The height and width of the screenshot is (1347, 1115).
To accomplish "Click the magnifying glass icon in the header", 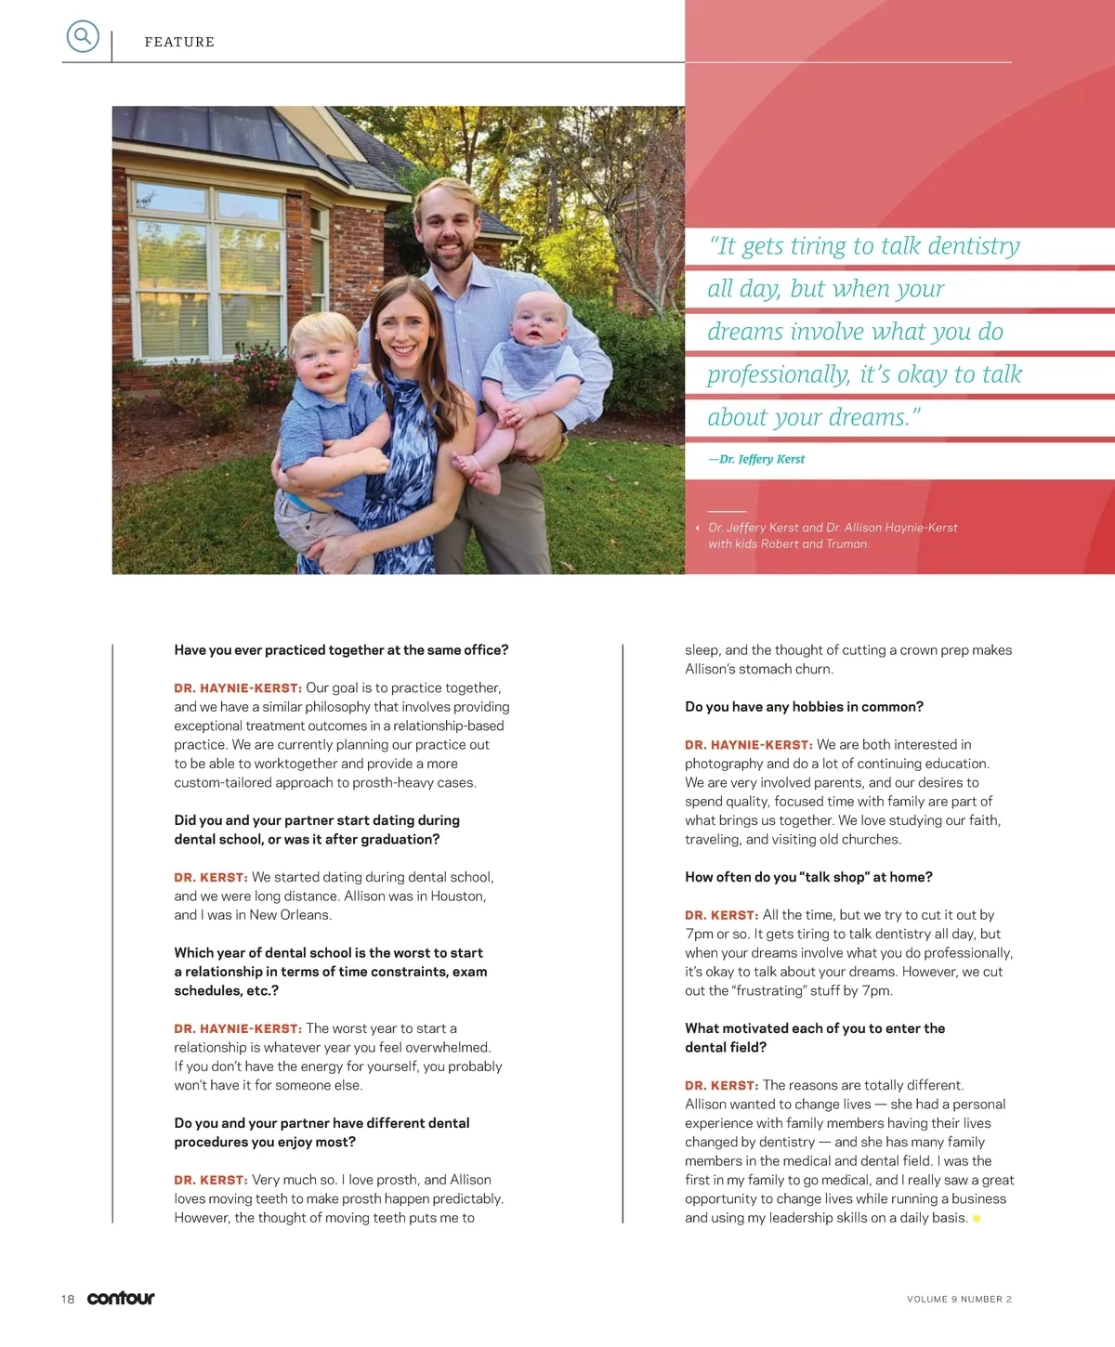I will pyautogui.click(x=83, y=37).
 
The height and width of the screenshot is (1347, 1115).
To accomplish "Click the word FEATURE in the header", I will pyautogui.click(x=179, y=42).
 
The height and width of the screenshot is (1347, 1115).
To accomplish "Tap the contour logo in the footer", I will pyautogui.click(x=121, y=1298).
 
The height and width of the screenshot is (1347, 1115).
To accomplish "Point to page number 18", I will pyautogui.click(x=68, y=1299).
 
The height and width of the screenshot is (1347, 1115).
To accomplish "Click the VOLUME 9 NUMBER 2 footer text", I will pyautogui.click(x=959, y=1299).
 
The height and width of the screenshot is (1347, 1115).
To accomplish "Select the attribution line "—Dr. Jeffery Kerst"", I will pyautogui.click(x=756, y=459).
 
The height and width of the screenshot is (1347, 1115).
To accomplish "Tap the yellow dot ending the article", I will pyautogui.click(x=977, y=1218).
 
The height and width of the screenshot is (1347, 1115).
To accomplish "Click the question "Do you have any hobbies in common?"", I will pyautogui.click(x=804, y=707).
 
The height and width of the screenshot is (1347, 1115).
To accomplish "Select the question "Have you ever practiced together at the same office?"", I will pyautogui.click(x=341, y=650).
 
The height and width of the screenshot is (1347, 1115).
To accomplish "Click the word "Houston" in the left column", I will pyautogui.click(x=456, y=896).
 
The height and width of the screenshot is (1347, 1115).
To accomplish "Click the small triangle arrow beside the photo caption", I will pyautogui.click(x=697, y=528).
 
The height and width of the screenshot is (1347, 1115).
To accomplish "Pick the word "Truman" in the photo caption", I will pyautogui.click(x=846, y=544).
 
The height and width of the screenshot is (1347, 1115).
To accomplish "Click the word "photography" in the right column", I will pyautogui.click(x=724, y=764).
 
